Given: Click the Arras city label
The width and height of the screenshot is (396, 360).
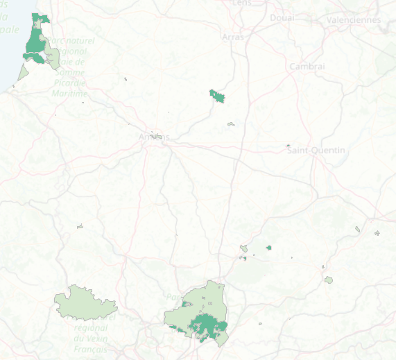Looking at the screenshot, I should click(233, 37).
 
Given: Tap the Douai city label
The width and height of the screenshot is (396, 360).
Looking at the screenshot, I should click(282, 17).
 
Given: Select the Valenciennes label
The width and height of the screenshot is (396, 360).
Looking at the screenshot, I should click(355, 20).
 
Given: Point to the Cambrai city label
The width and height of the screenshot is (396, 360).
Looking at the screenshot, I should click(307, 66).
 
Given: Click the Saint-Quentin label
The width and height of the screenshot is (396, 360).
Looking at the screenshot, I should click(316, 151).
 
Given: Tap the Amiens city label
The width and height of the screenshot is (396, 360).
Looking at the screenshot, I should click(150, 137).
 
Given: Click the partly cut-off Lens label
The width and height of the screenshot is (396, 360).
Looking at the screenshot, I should click(242, 3).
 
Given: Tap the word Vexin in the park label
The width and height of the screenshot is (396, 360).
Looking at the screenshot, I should click(90, 339).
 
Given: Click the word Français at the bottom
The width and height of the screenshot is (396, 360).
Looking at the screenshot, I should click(91, 350).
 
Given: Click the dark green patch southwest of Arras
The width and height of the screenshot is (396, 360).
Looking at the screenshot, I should click(217, 96).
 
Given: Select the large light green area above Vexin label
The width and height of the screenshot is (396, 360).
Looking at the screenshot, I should click(85, 302).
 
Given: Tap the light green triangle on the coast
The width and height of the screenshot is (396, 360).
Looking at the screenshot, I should click(23, 73).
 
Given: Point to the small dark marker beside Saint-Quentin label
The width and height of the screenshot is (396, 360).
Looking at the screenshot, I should click(288, 146).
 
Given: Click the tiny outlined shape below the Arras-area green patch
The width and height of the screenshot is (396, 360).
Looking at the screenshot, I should click(230, 124).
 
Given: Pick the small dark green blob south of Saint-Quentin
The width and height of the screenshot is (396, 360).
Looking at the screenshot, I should click(268, 247).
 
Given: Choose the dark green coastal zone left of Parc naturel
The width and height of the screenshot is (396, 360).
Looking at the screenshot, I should click(35, 43).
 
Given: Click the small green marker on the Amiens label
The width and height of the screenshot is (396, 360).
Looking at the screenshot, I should click(158, 137).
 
